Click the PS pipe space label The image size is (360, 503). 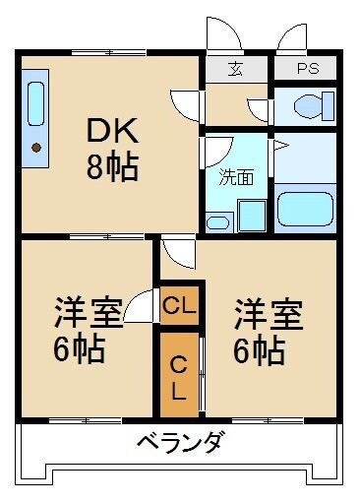[x=307, y=69]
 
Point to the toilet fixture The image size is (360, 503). [x=303, y=105]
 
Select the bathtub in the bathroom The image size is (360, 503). [x=304, y=209]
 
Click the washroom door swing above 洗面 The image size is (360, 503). [x=218, y=149]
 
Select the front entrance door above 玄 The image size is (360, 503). [x=224, y=35]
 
